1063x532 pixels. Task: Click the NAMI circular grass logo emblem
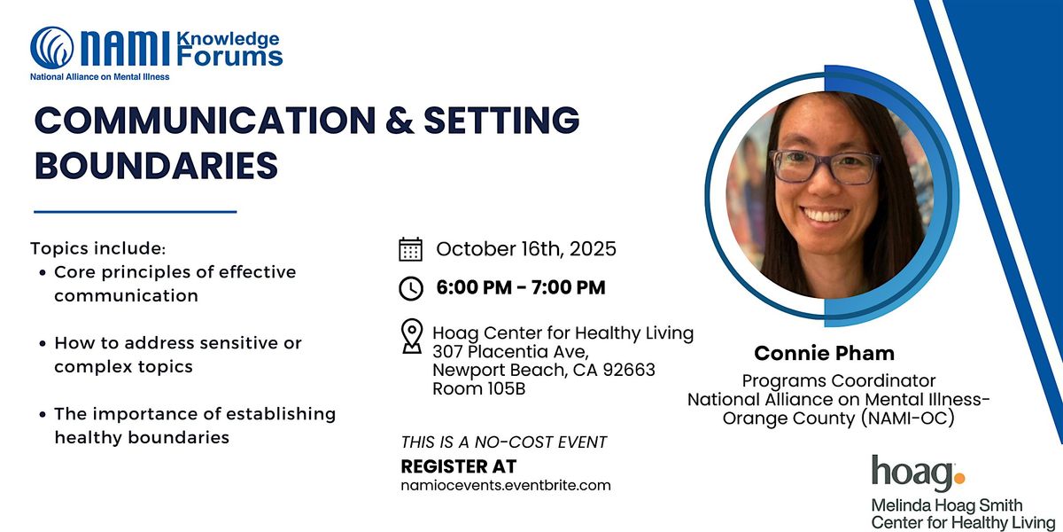(52, 48)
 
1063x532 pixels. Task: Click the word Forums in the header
(229, 57)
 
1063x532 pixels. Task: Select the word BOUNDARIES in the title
(156, 165)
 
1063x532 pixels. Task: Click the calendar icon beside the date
(410, 249)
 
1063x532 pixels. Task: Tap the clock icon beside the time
(411, 288)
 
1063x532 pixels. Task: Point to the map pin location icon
(411, 336)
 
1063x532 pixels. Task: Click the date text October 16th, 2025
(526, 249)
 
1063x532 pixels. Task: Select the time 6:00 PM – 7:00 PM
(521, 287)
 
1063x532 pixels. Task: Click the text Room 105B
(479, 388)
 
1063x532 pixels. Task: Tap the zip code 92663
(629, 370)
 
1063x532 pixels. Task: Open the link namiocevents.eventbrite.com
(506, 486)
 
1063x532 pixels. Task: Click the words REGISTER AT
(459, 466)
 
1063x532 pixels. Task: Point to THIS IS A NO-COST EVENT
(503, 442)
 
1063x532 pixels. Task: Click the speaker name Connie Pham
(825, 354)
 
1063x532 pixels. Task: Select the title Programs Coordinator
(839, 381)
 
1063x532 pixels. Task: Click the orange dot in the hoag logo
(959, 478)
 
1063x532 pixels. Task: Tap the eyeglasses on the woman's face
(825, 167)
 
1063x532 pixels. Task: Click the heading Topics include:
(98, 248)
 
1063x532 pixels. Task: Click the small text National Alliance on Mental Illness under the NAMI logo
(99, 76)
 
